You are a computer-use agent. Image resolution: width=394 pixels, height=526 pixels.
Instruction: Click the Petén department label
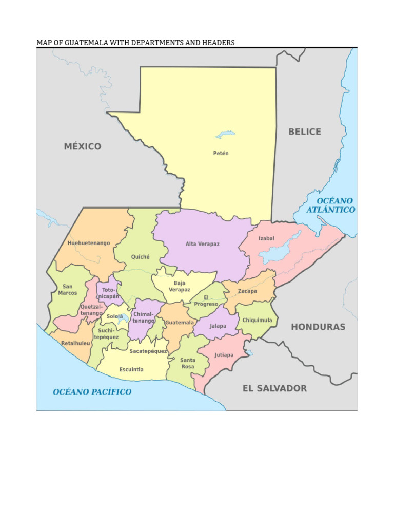(221, 153)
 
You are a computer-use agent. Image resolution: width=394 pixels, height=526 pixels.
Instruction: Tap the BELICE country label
(304, 131)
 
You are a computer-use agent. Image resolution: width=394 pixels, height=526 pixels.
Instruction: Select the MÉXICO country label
(83, 146)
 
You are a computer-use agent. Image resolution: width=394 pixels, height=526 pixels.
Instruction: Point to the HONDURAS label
(318, 327)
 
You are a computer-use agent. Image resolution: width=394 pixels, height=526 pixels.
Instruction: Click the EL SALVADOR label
(274, 388)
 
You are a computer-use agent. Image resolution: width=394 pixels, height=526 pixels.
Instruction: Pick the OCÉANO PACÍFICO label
(92, 392)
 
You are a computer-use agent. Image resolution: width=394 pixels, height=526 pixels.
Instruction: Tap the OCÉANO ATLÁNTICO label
(331, 205)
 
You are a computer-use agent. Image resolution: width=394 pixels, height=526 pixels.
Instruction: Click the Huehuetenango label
(89, 243)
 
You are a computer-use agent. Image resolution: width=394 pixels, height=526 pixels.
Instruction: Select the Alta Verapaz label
(202, 244)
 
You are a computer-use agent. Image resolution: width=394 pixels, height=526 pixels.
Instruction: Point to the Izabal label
(266, 238)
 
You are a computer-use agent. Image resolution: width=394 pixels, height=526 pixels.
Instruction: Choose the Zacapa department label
(247, 291)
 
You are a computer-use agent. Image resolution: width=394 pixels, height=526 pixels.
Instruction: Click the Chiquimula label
(257, 320)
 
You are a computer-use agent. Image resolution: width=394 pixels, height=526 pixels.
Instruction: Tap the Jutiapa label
(224, 355)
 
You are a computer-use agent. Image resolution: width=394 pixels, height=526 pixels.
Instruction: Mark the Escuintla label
(131, 369)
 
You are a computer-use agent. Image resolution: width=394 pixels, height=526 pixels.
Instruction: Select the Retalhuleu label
(75, 343)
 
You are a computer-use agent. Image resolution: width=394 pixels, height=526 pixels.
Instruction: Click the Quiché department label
(140, 257)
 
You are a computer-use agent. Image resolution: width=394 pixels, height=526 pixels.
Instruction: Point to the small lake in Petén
(225, 135)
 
